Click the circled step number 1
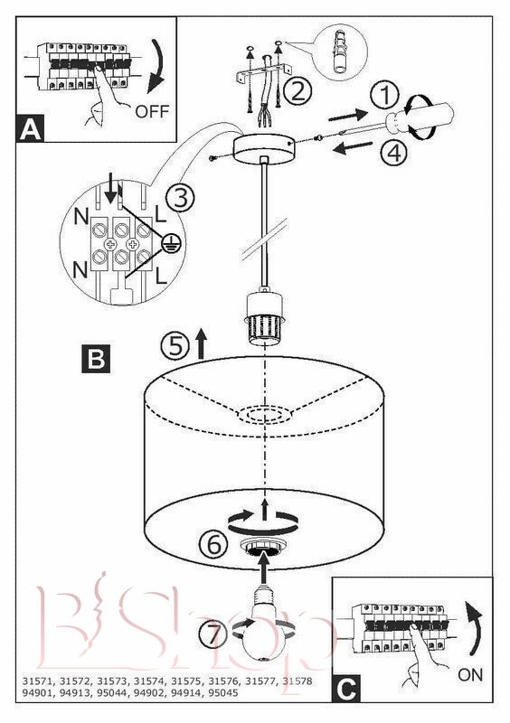385,96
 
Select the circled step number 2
297,91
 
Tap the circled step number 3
180,198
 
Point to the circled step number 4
393,153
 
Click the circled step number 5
175,346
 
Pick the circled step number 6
213,545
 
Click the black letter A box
31,127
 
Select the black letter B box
96,358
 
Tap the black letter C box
346,689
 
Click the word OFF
152,111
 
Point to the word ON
470,675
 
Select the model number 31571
37,681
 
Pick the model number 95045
223,692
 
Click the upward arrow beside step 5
201,344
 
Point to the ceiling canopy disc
263,149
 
